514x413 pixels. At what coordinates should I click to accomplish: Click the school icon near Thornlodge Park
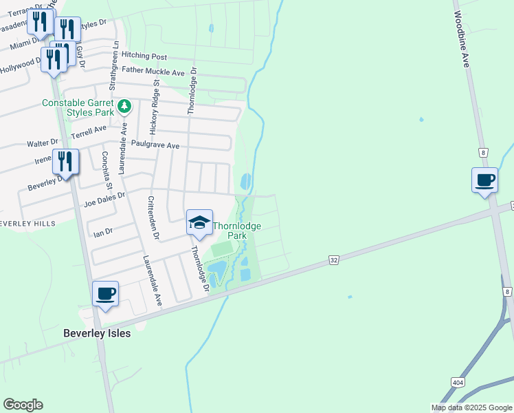199,222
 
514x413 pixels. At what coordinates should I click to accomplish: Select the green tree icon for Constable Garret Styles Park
124,107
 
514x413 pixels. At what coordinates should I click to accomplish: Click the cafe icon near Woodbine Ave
485,180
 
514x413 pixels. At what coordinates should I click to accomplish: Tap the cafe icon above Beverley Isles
106,294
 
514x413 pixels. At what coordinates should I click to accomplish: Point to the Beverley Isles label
96,332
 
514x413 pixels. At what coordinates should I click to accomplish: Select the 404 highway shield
457,381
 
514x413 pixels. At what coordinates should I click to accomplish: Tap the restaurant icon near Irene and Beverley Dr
66,162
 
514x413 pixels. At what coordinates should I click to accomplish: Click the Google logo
23,405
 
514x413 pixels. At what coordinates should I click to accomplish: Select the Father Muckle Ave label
153,71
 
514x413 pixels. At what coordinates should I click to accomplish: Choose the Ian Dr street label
102,232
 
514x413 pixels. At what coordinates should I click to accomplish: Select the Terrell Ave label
89,129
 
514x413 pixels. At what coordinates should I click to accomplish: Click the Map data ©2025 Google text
471,407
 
